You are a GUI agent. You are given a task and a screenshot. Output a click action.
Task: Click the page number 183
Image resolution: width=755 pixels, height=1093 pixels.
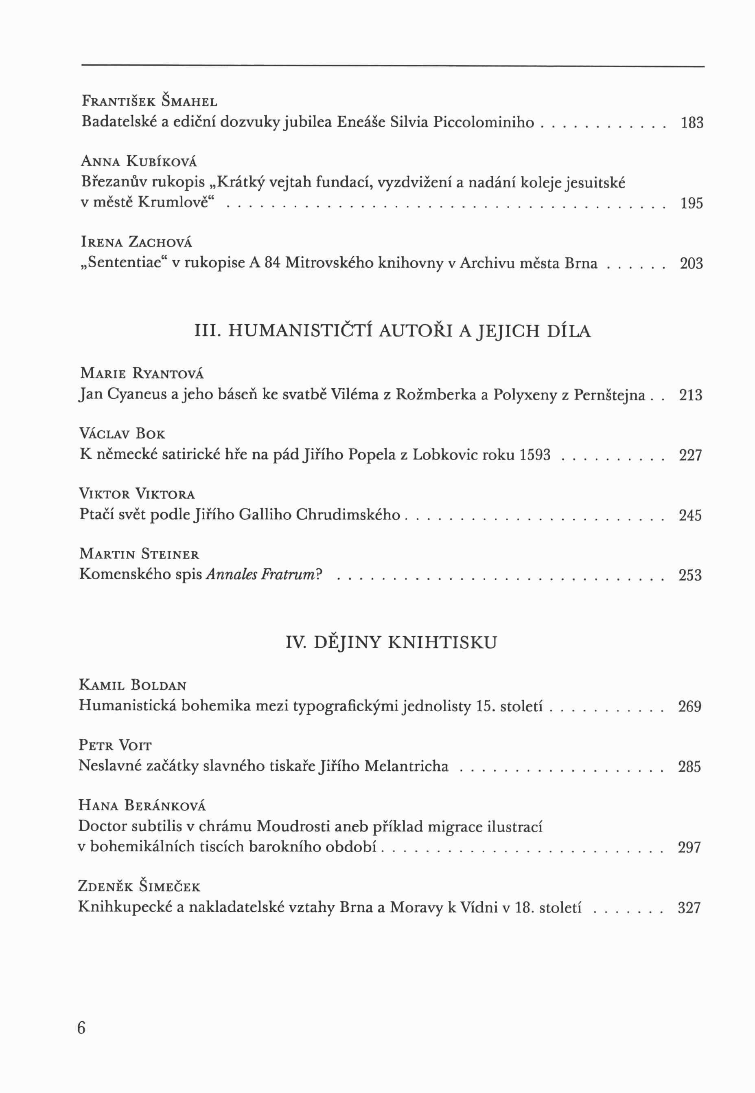click(692, 123)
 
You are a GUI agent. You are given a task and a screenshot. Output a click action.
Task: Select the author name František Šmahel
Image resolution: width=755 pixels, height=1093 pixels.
click(149, 101)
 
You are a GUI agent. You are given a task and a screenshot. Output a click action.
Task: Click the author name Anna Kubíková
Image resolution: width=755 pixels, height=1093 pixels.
click(139, 162)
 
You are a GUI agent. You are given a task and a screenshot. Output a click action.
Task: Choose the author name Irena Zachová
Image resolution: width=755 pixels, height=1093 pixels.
click(137, 242)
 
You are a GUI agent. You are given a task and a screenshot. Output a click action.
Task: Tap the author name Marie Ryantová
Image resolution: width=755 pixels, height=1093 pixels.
click(142, 374)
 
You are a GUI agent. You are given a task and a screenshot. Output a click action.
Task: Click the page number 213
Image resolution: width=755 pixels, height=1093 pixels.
click(691, 395)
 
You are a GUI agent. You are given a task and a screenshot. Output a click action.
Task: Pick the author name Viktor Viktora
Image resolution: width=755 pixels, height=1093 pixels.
click(137, 494)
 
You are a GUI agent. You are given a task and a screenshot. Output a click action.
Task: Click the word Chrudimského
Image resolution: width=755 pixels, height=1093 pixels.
click(348, 515)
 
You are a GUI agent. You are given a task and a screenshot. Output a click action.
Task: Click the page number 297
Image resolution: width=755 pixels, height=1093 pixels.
click(689, 847)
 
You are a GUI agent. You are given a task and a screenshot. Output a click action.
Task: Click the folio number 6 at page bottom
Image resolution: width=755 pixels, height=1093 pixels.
click(81, 1028)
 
